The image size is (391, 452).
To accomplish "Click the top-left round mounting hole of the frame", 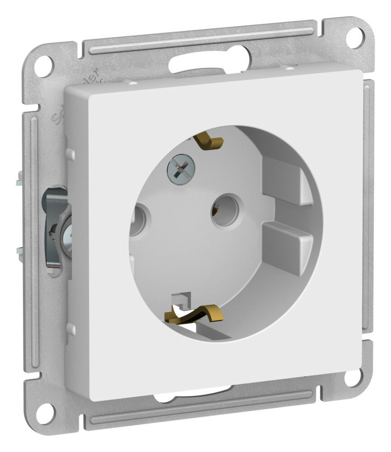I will point(47,64).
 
